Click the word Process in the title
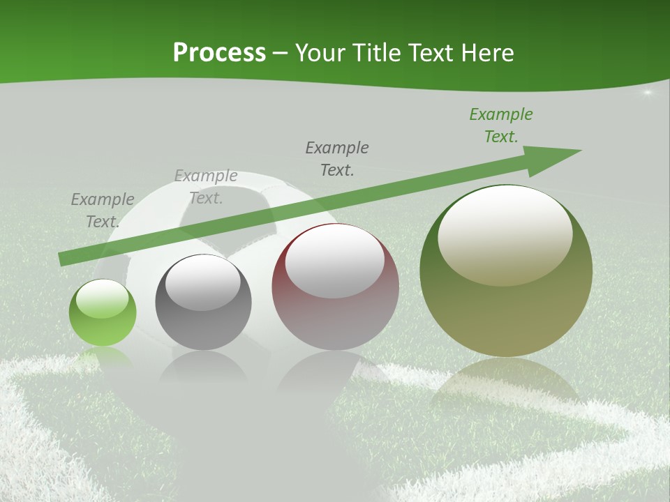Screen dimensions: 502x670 click(219, 53)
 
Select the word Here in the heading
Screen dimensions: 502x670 click(487, 53)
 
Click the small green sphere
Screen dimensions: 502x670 click(103, 313)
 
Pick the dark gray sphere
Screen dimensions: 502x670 click(203, 303)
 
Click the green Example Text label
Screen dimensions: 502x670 click(501, 125)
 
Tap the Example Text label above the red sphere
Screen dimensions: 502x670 click(337, 158)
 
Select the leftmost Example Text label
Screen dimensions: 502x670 click(103, 210)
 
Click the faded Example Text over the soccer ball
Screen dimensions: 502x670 click(206, 187)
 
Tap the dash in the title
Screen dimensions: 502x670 click(281, 54)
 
